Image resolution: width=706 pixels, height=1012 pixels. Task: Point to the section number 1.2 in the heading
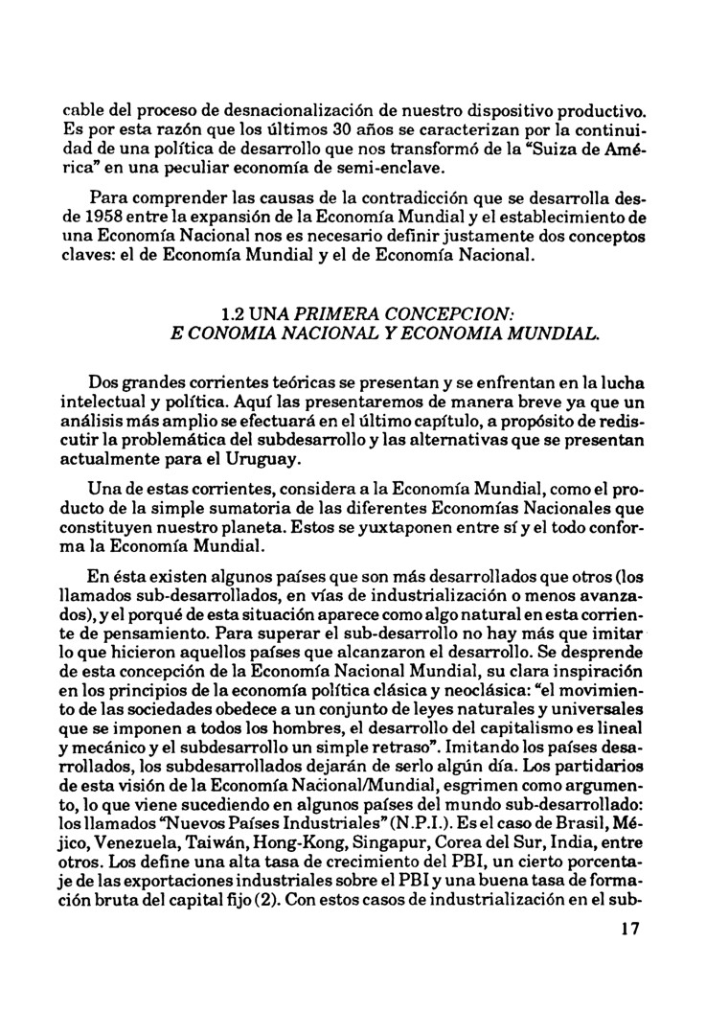click(x=234, y=312)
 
